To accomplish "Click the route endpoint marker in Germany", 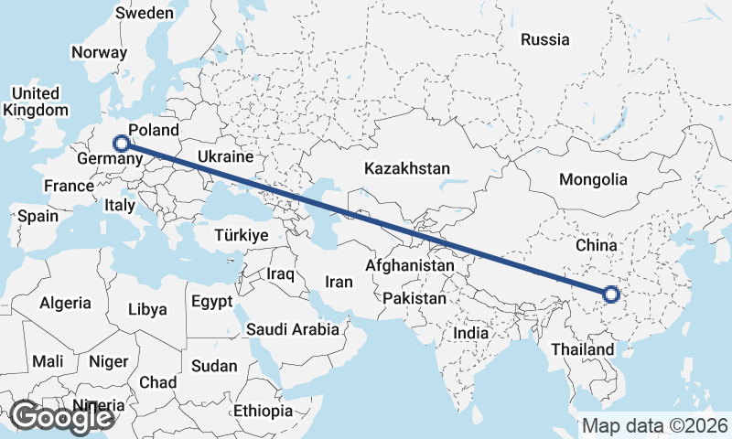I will click(120, 143).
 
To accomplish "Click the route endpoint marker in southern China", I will click(611, 294).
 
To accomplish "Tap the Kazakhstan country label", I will click(407, 169).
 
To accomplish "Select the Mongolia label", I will click(593, 179).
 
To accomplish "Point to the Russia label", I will click(544, 39).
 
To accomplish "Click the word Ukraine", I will click(225, 157).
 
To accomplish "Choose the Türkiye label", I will click(241, 235).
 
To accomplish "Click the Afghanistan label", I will click(409, 266).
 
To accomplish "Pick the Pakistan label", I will click(414, 298).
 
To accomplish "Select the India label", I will click(471, 334).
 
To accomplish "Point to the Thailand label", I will click(583, 349).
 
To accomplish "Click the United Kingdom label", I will click(36, 102).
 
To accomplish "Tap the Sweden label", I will click(145, 13).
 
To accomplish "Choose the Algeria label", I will click(65, 303).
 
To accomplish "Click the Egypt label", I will click(211, 301).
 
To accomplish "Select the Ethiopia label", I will click(263, 411).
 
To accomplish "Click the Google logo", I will click(61, 417).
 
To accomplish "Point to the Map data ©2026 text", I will click(654, 426).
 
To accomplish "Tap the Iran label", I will click(339, 283).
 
